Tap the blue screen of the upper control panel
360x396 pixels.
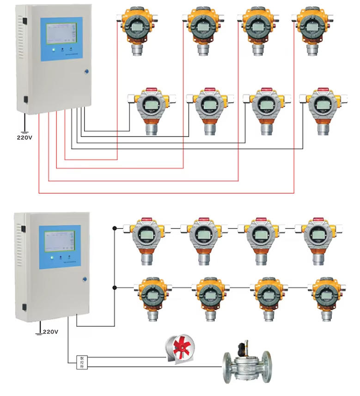[x=61, y=39]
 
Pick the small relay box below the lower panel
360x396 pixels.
[x=81, y=362]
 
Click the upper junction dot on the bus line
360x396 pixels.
[x=115, y=228]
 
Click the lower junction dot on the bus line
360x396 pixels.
[x=115, y=287]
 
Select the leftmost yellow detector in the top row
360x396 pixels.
[x=136, y=28]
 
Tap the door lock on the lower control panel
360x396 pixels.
[x=85, y=278]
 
